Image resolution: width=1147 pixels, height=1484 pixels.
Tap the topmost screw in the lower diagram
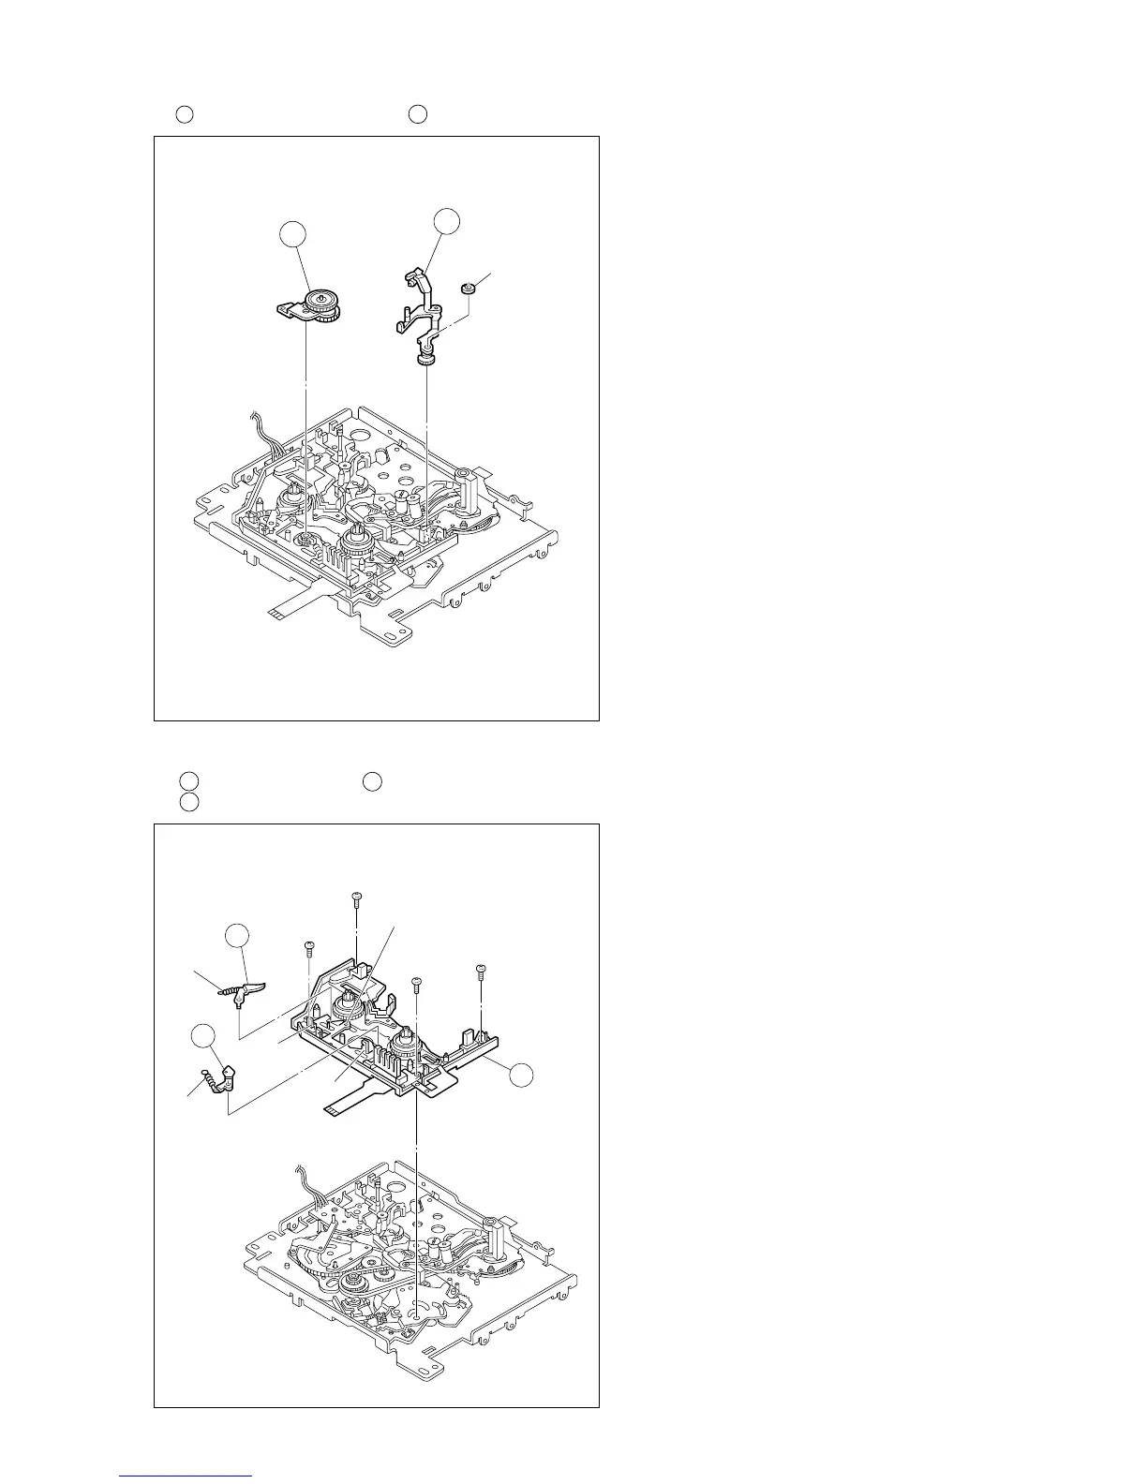click(x=357, y=899)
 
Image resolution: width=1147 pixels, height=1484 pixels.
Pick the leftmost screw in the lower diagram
click(x=308, y=949)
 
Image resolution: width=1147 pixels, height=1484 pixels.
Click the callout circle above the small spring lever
click(x=237, y=936)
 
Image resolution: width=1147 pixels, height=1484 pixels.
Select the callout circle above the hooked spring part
click(x=202, y=1036)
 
